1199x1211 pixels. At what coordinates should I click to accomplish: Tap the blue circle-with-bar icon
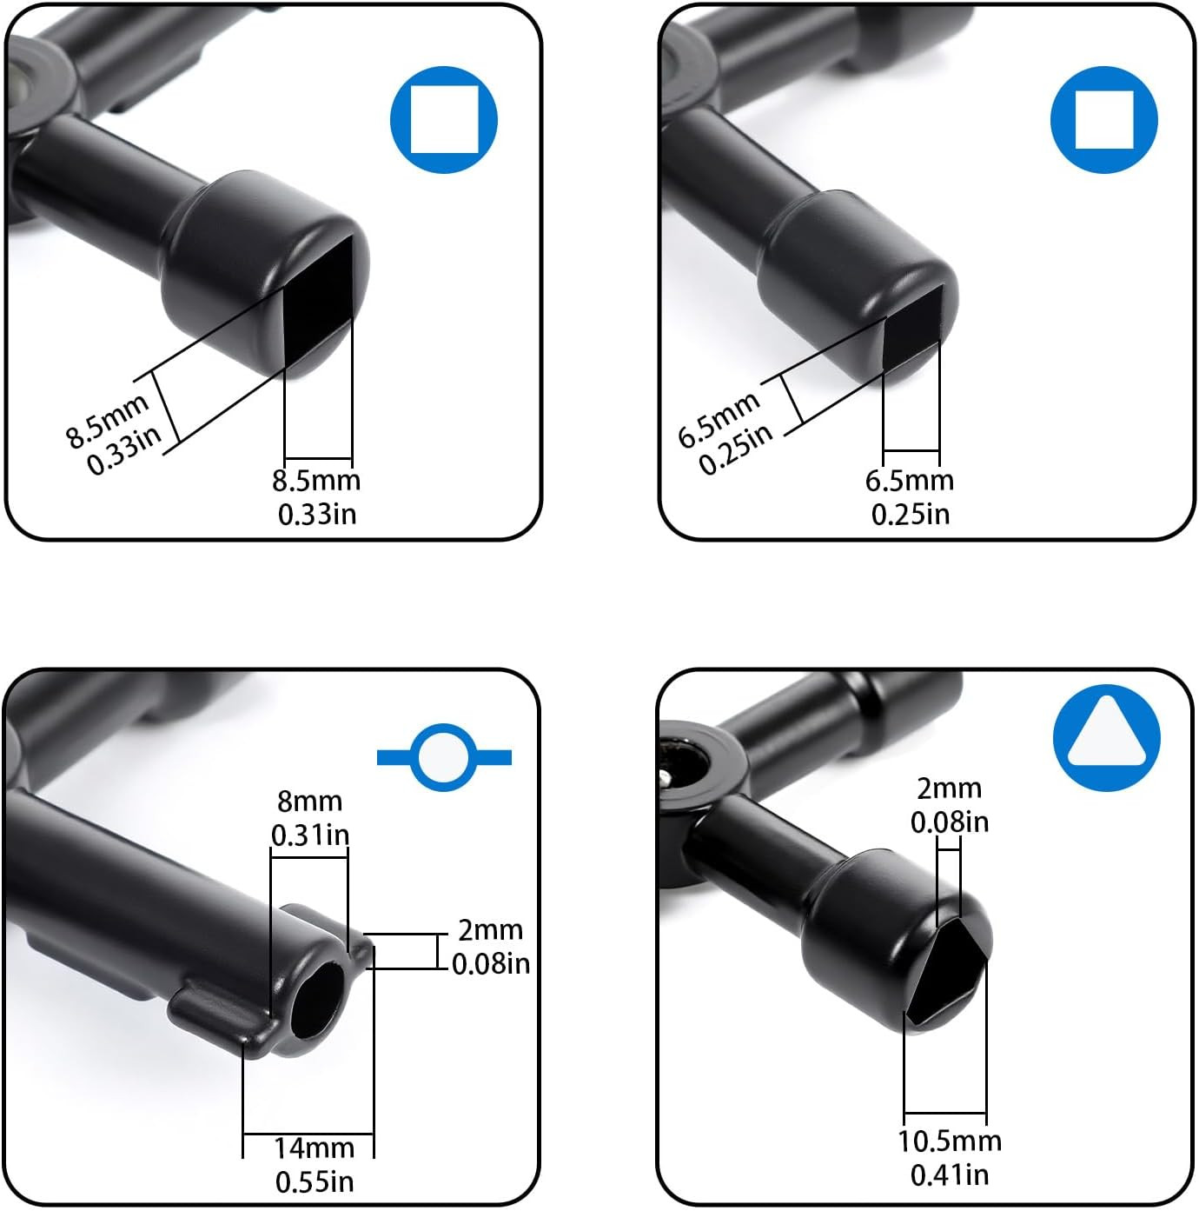445,757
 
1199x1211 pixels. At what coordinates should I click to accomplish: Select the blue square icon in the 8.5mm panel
444,119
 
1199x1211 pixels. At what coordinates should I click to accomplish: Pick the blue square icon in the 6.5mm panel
1103,119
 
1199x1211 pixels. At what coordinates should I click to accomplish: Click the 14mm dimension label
314,1148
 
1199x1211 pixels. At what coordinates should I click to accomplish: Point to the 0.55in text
314,1182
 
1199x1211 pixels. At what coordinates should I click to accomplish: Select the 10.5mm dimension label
949,1141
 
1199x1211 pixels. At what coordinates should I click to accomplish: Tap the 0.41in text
949,1175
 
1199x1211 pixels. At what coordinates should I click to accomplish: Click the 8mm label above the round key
309,801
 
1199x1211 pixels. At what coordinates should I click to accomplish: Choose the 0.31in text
309,835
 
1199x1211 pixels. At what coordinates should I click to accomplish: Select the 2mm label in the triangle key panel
949,788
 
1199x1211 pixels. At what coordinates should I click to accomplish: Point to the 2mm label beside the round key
490,930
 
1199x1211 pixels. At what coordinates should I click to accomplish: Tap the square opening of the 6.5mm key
911,326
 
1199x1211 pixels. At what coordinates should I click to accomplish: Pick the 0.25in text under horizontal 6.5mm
910,514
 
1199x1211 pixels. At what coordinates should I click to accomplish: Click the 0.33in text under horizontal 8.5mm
316,514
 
